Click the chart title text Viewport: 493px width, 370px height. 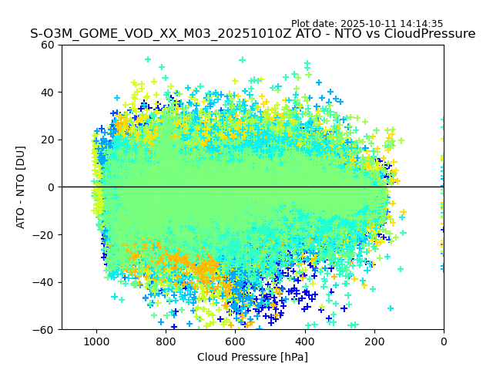[253, 34]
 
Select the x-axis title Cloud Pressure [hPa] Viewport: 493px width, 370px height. [253, 357]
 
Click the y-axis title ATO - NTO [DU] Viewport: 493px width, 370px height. [22, 187]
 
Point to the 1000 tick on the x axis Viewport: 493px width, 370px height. [96, 341]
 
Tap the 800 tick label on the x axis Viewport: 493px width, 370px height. [166, 341]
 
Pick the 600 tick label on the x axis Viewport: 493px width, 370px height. [235, 341]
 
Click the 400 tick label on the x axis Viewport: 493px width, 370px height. [305, 341]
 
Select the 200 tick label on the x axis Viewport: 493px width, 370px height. [374, 341]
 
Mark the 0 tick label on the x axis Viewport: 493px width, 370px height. [444, 341]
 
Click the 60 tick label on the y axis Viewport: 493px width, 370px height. [47, 45]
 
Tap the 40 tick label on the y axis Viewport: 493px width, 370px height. [47, 92]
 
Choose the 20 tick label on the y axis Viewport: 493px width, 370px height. [47, 140]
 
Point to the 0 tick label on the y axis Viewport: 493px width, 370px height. [50, 187]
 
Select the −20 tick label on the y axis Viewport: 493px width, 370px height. [44, 235]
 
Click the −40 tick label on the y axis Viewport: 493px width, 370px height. [44, 282]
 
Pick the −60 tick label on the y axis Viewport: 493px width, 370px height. [44, 330]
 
